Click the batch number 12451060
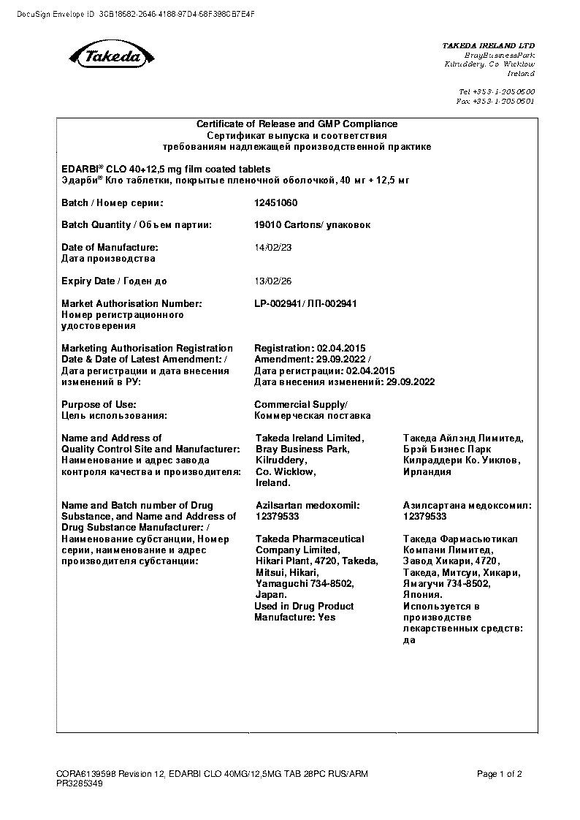[x=275, y=203]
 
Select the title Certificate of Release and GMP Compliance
[x=297, y=124]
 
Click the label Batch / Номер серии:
[x=112, y=203]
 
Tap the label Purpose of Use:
[x=99, y=405]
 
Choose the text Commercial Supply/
[x=301, y=405]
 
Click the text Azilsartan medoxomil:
[x=308, y=506]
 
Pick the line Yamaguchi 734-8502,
[x=305, y=584]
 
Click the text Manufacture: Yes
[x=294, y=618]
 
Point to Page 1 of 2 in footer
[x=499, y=774]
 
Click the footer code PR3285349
[x=80, y=784]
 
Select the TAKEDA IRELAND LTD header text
[x=488, y=45]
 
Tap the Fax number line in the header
[x=495, y=102]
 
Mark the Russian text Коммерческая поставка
[x=312, y=416]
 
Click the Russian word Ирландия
[x=427, y=472]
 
